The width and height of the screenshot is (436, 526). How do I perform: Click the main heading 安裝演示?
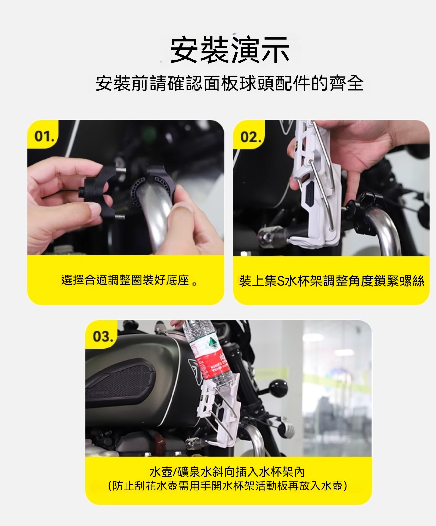tap(230, 50)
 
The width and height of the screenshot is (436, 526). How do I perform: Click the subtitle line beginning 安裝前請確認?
tap(230, 83)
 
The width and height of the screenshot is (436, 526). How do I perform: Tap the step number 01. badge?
tap(44, 136)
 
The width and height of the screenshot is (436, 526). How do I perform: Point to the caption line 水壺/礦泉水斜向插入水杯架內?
tap(227, 472)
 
